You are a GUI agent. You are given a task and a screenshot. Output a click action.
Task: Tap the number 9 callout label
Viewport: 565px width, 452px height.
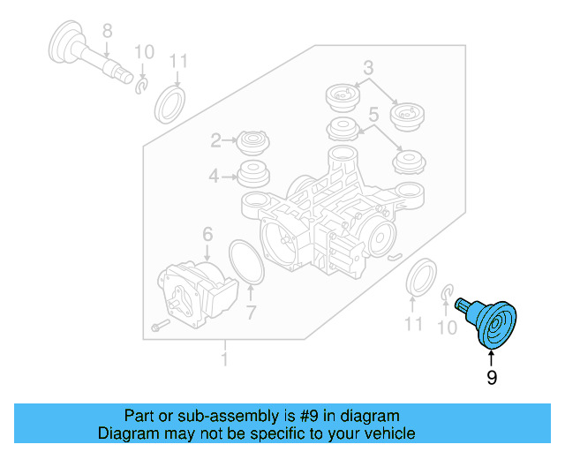coord(492,378)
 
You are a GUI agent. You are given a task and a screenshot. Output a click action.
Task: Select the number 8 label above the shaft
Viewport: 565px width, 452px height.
coord(107,32)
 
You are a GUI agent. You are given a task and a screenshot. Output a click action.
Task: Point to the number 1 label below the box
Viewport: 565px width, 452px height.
coord(224,359)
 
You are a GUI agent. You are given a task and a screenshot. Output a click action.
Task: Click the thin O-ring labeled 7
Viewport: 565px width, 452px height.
coord(246,262)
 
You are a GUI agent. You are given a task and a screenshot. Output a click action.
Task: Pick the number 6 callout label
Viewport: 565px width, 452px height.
coord(207,234)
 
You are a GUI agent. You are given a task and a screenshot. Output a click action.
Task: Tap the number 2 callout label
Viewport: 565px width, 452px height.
coord(215,140)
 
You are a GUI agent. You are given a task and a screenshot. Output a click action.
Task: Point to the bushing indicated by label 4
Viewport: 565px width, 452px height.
coord(253,175)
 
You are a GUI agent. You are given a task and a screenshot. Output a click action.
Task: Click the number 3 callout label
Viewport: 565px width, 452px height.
coord(368,67)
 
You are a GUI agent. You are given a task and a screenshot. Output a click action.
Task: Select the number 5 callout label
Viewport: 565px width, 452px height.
coord(373,114)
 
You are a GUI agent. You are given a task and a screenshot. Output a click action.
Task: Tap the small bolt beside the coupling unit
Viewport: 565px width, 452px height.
coord(158,326)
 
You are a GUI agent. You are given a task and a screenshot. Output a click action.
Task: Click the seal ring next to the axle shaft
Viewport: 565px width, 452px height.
coord(169,103)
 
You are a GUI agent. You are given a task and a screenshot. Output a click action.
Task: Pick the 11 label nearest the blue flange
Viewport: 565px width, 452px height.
coord(414,324)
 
